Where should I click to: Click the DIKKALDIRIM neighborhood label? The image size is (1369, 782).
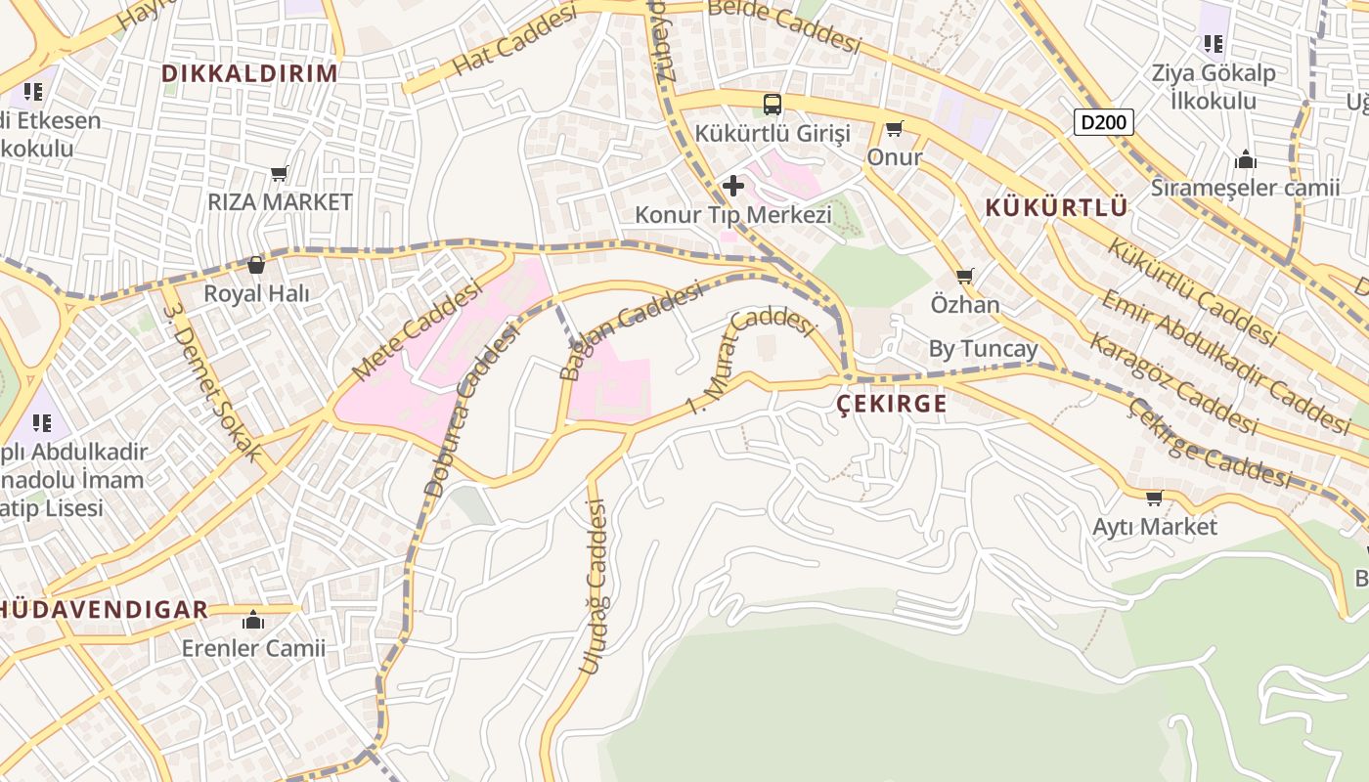[249, 73]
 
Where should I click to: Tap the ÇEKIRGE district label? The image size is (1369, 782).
[892, 404]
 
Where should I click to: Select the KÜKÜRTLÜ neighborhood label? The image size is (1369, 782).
[1056, 207]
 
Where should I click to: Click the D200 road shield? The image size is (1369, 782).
[1104, 122]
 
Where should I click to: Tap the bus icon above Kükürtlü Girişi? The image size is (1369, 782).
[773, 104]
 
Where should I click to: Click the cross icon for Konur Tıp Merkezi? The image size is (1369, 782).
[732, 186]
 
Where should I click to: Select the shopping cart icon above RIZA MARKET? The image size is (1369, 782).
[280, 174]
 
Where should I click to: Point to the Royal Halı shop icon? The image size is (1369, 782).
[256, 265]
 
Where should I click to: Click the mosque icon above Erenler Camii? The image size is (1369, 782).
[253, 620]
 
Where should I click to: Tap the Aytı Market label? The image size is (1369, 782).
[1155, 527]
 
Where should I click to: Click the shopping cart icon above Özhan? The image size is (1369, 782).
[965, 277]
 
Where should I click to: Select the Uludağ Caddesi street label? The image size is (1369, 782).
[595, 586]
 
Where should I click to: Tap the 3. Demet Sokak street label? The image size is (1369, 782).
[212, 382]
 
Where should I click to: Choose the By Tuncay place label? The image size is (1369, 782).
[983, 349]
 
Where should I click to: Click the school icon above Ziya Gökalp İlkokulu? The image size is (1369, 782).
[1214, 43]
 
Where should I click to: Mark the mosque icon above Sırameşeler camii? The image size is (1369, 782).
[1245, 159]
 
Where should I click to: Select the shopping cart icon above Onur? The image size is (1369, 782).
[894, 129]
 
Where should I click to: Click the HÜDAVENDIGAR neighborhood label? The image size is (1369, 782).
[104, 610]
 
